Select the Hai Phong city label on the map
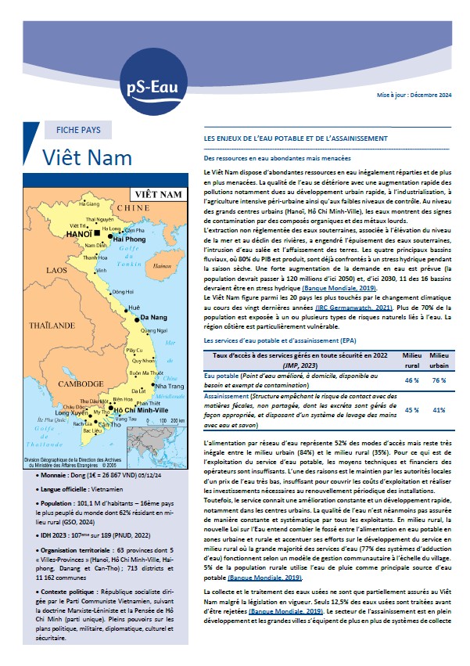click(x=130, y=239)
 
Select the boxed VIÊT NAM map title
click(x=159, y=193)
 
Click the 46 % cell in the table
click(x=411, y=380)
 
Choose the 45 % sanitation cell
click(x=411, y=409)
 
